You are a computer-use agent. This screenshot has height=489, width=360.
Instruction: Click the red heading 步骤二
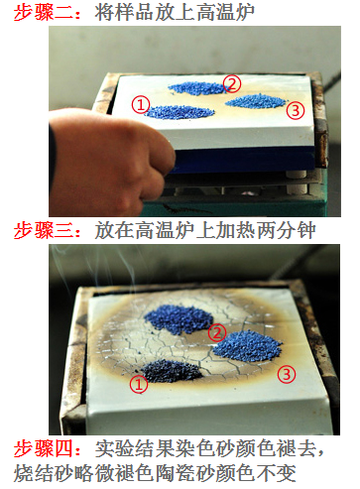tap(44, 13)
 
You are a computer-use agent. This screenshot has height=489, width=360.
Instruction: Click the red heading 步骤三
tap(44, 230)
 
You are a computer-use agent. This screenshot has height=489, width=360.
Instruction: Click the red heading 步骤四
tap(44, 448)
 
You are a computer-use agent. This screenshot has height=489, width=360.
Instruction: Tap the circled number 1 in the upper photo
tap(141, 105)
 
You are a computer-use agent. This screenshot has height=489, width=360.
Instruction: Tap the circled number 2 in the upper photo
tap(232, 83)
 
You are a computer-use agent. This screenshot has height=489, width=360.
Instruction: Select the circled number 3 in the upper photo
tap(296, 110)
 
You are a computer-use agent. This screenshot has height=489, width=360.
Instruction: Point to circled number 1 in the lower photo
tap(139, 384)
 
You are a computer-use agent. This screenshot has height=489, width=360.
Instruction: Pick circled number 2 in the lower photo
tap(217, 333)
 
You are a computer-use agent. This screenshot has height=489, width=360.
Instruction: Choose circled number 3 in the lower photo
tap(287, 374)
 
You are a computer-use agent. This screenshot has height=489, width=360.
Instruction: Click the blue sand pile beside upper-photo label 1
tap(180, 112)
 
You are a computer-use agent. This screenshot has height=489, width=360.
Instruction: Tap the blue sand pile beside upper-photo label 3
tap(256, 101)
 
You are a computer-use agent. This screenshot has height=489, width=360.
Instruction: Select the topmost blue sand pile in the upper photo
tap(197, 88)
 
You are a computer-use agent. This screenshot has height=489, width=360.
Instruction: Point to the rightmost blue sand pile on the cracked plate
tap(247, 346)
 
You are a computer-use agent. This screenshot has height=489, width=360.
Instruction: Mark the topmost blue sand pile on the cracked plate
tap(179, 319)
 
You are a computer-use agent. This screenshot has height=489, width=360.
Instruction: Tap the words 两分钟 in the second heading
tap(286, 230)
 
